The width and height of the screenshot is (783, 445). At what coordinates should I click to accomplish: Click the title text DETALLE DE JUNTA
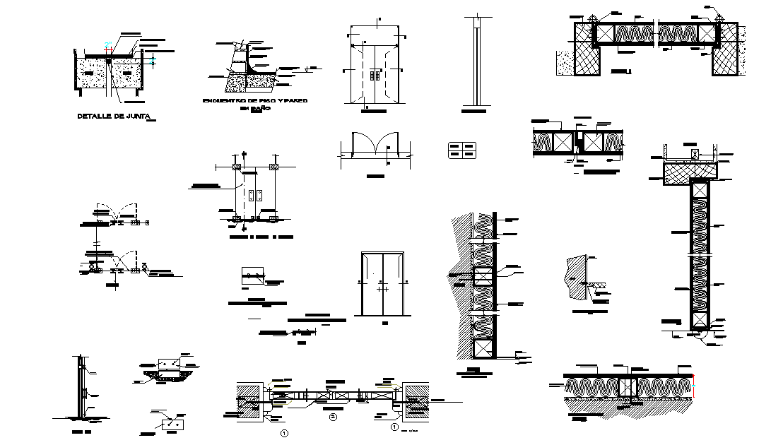coord(114,117)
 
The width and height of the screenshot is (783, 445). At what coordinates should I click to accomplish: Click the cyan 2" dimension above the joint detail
coord(107,47)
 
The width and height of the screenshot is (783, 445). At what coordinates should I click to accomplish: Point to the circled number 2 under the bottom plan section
coord(332,417)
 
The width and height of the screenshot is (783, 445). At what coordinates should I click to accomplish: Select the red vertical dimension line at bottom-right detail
coord(695,386)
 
